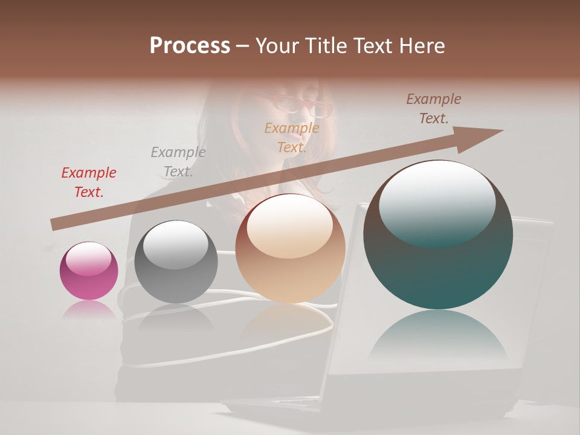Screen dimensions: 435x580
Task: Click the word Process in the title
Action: click(190, 46)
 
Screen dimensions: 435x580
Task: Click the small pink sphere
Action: click(89, 271)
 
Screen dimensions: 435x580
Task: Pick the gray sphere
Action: click(176, 262)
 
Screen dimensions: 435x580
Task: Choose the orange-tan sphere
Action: click(291, 248)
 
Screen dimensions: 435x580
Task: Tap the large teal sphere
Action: click(438, 235)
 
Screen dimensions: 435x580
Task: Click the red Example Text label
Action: click(89, 182)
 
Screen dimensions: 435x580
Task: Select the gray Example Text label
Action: click(178, 161)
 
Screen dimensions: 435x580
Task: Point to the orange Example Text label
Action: click(292, 137)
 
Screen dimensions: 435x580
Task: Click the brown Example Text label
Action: click(434, 109)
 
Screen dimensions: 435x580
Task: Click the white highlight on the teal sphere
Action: click(437, 202)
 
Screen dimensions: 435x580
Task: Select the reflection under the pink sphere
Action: click(89, 309)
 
